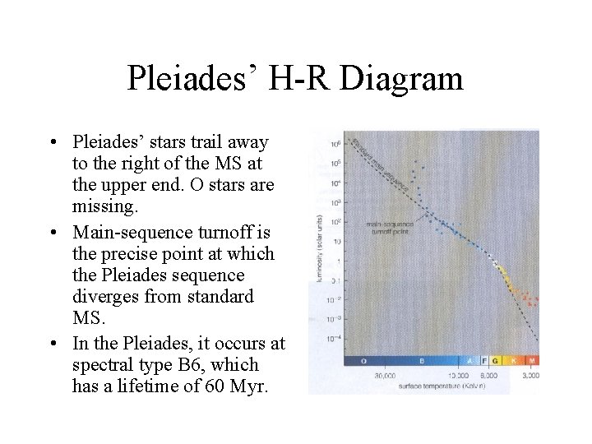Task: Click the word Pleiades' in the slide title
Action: [x=193, y=79]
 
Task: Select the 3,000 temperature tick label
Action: [x=530, y=375]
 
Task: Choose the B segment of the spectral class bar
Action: [x=421, y=361]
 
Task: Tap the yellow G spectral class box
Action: [x=496, y=361]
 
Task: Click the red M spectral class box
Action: [x=532, y=361]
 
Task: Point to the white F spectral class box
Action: [x=484, y=361]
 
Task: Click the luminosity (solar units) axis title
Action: [x=318, y=247]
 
